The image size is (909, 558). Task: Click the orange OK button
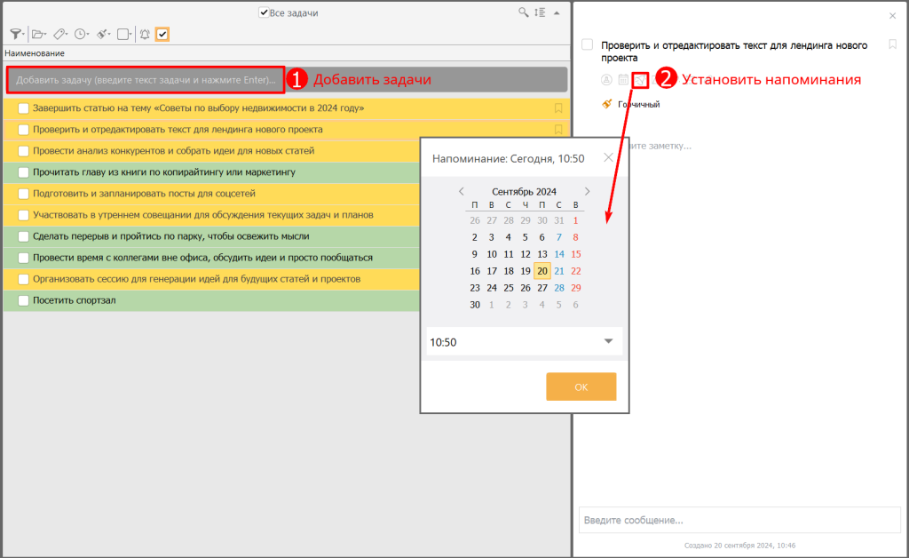click(581, 387)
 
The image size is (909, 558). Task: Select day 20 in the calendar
click(542, 271)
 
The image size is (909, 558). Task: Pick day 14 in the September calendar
click(559, 254)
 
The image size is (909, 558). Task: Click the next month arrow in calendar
click(588, 191)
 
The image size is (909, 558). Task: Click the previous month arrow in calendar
click(462, 191)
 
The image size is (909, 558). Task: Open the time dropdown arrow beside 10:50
click(608, 341)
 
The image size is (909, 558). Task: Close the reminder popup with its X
click(608, 157)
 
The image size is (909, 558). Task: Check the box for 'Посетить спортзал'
click(24, 300)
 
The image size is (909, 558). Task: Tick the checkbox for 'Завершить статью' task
click(24, 108)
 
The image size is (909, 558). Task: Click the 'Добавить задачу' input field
click(146, 80)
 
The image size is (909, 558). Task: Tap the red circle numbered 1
click(296, 79)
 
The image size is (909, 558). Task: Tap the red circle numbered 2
click(666, 79)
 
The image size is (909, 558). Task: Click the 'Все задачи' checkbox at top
click(264, 12)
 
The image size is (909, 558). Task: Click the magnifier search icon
click(523, 12)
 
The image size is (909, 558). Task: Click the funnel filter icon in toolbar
click(16, 35)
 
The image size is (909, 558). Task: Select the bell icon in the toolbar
click(145, 35)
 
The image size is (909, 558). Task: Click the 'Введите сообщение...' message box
click(739, 520)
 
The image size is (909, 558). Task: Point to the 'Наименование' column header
click(35, 53)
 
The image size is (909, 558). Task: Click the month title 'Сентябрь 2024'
click(524, 191)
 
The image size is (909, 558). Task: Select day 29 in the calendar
click(575, 288)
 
